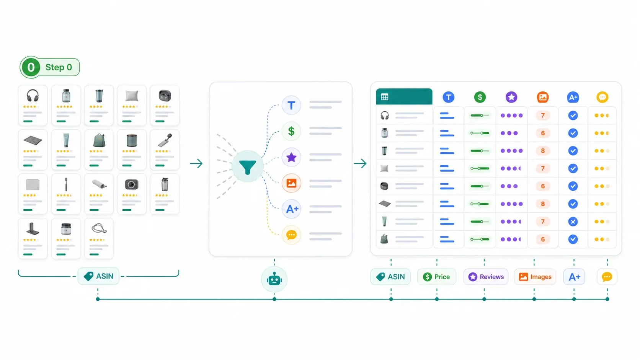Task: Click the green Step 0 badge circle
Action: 31,67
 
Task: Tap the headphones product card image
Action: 33,95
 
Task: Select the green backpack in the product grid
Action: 99,140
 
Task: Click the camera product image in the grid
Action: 131,184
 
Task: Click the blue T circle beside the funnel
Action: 291,105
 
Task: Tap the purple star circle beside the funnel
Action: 291,157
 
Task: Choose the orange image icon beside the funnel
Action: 291,183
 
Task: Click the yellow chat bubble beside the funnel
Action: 291,235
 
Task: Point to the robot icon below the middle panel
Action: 274,279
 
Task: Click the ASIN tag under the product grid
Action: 98,276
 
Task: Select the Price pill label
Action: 437,277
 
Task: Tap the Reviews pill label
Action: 486,277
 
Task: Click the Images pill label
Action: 535,277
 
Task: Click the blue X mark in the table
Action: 573,222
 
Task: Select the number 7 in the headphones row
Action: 542,115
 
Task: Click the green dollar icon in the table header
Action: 480,97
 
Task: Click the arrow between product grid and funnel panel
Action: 196,164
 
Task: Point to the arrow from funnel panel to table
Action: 360,164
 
